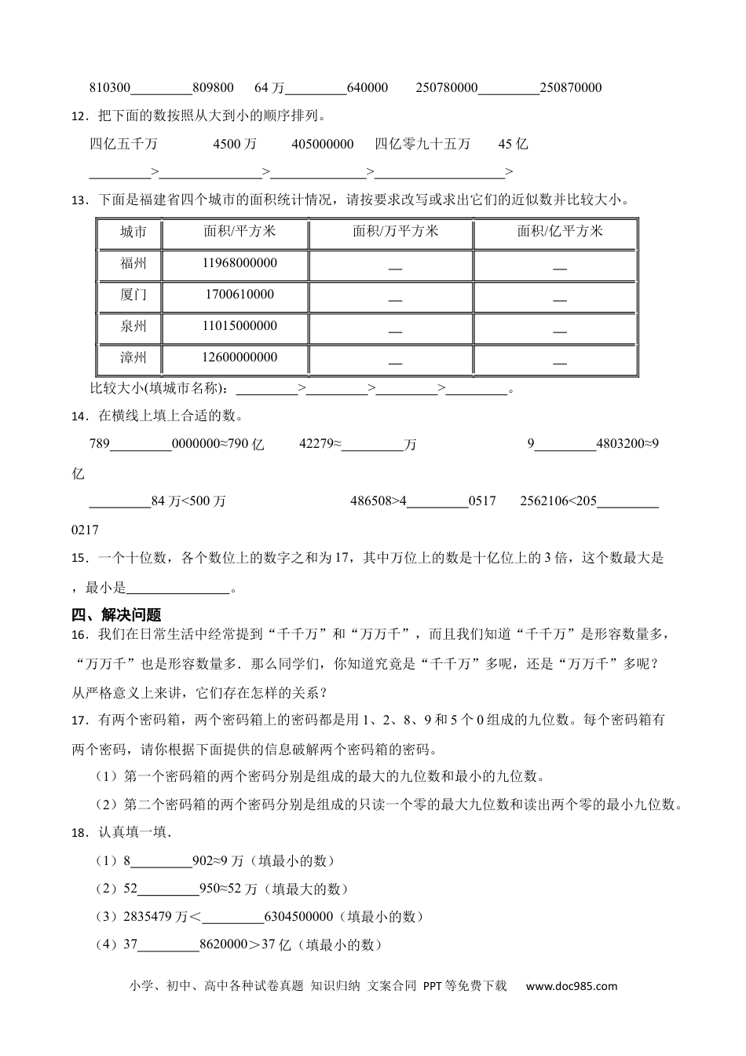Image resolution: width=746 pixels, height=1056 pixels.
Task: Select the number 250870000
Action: click(571, 88)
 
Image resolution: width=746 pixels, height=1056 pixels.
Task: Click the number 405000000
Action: click(322, 144)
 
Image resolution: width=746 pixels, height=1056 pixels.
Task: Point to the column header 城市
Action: click(133, 232)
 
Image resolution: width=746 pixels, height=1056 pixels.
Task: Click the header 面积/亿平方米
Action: click(559, 231)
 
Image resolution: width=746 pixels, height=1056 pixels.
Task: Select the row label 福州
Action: click(133, 263)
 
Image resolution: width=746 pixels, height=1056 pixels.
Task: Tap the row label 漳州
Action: click(133, 357)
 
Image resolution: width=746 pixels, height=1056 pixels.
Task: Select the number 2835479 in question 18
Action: click(144, 917)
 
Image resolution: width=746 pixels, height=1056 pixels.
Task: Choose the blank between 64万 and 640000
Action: click(317, 88)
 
